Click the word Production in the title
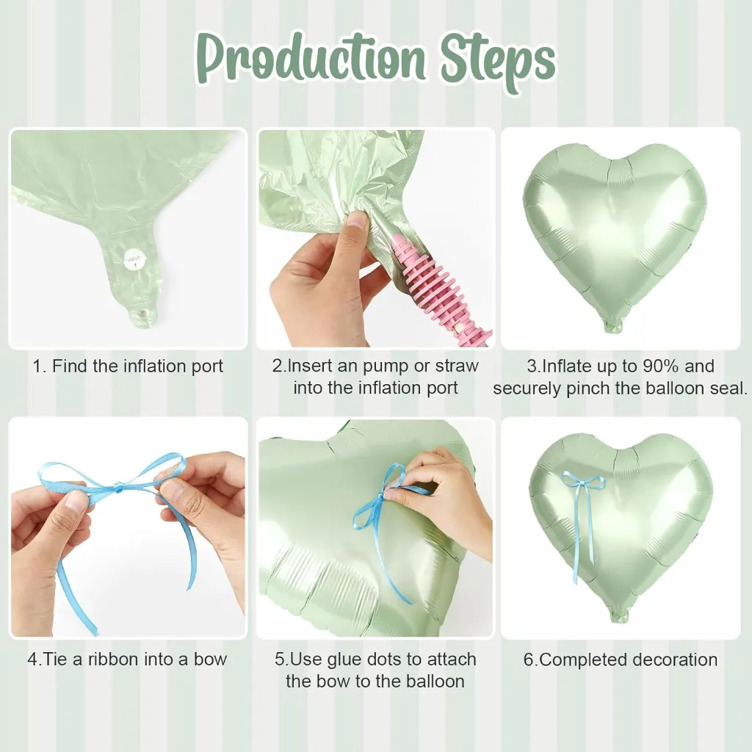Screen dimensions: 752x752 (311, 59)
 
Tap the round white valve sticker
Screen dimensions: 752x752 (134, 261)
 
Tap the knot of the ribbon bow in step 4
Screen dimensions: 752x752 (119, 488)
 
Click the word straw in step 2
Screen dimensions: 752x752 (457, 366)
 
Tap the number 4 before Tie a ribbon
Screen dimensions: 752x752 (32, 659)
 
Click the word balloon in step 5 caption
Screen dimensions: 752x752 (433, 681)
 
